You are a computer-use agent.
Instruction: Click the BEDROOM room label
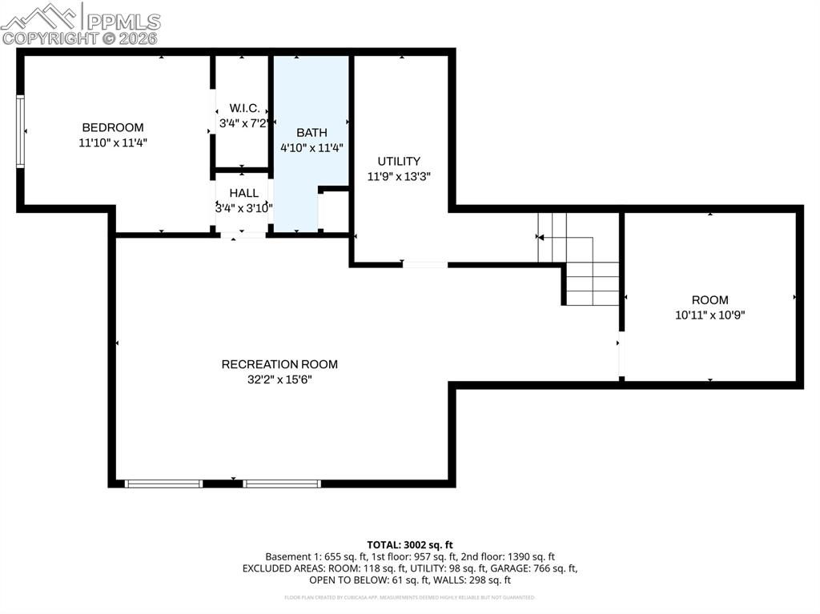113,127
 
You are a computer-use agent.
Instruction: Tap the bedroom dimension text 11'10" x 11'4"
113,142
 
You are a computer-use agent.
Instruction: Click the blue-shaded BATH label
312,132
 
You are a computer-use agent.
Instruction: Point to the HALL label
244,193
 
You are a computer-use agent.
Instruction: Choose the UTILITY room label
399,161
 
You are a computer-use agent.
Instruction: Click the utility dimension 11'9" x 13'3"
399,177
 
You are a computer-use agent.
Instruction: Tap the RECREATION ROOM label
279,364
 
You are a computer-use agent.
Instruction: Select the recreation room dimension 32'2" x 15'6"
279,379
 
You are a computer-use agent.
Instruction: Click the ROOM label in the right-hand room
709,300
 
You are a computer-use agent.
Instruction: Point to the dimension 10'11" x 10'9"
709,315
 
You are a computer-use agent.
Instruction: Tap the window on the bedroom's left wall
21,131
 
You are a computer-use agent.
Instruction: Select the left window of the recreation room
164,484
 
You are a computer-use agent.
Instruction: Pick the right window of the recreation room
282,484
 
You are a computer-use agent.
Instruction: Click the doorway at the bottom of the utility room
424,264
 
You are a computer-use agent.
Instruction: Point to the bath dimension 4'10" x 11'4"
312,148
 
